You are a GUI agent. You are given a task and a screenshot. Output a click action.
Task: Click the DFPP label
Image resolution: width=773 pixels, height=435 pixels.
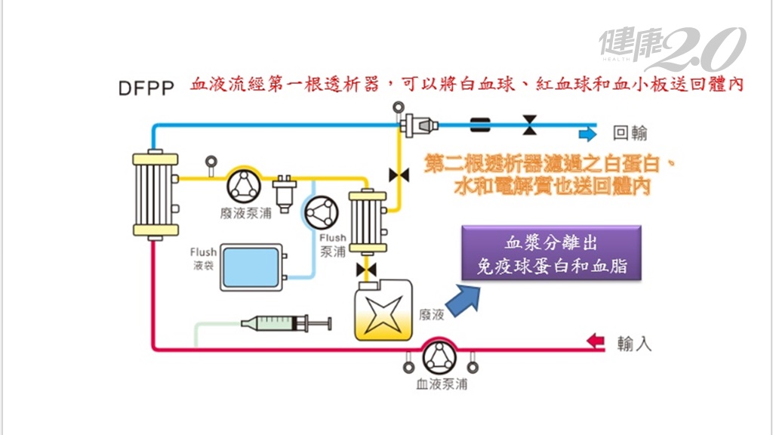point(146,88)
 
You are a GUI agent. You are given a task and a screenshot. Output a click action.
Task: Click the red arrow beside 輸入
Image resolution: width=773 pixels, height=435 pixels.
point(597,342)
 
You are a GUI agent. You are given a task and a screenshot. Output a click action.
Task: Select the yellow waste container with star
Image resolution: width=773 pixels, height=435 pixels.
point(384,312)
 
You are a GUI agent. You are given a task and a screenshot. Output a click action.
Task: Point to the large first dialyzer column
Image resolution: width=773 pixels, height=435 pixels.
point(156,194)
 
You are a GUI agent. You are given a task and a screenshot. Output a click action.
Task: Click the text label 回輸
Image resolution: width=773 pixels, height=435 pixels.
point(630,134)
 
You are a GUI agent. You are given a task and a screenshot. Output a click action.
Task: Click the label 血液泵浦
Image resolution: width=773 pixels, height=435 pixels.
point(442,384)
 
